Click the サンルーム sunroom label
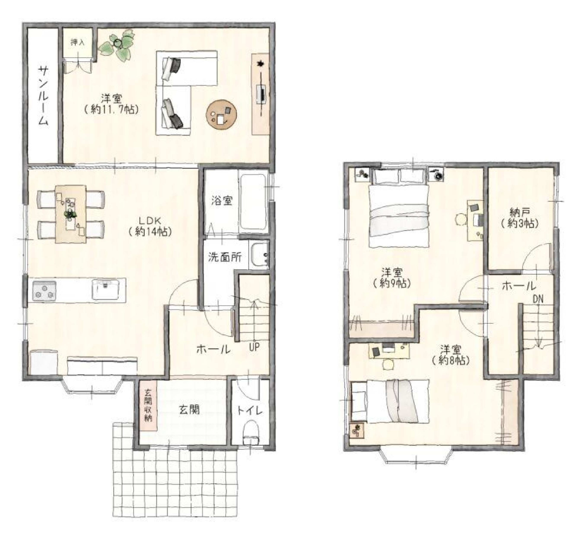click(x=44, y=96)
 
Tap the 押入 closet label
click(x=78, y=43)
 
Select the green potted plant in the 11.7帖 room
click(x=117, y=46)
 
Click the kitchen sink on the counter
click(x=105, y=289)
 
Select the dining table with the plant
click(x=71, y=214)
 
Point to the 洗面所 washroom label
click(x=225, y=257)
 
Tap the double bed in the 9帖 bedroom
click(x=399, y=208)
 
